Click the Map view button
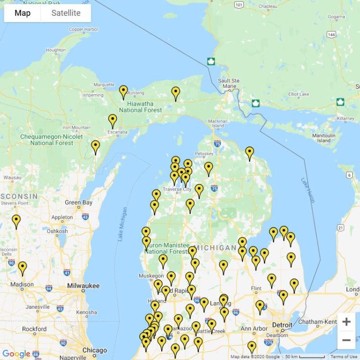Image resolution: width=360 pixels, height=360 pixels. [23, 13]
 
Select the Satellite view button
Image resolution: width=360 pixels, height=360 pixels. [66, 13]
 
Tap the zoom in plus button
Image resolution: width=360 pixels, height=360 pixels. [346, 322]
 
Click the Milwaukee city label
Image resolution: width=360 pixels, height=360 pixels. [83, 286]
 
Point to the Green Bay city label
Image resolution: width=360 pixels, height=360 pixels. [78, 203]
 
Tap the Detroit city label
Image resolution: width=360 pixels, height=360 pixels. [282, 325]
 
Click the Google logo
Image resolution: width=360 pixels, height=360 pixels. [16, 354]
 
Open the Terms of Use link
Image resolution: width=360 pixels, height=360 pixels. [344, 357]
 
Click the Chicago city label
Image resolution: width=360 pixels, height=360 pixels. [94, 350]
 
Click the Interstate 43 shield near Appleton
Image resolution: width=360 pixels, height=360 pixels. [85, 216]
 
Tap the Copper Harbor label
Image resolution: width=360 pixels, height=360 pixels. [83, 29]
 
